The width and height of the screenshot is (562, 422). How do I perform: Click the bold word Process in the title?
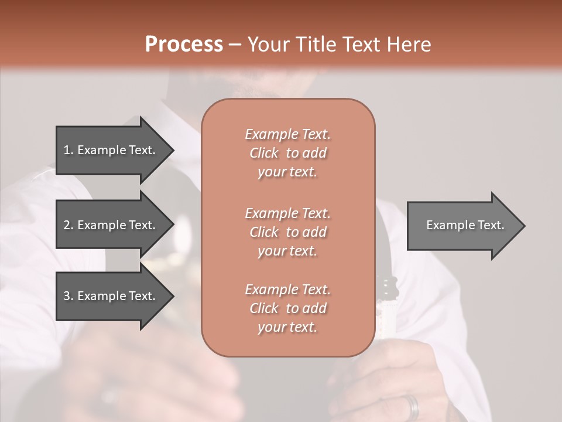(x=184, y=45)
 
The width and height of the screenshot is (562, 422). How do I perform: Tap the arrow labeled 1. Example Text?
(x=111, y=150)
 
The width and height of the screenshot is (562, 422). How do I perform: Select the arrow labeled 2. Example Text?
(x=111, y=225)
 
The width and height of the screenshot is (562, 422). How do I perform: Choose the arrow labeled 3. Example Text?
(x=111, y=296)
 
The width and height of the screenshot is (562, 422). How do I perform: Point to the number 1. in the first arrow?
(x=68, y=150)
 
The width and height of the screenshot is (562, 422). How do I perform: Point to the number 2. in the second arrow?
(x=68, y=225)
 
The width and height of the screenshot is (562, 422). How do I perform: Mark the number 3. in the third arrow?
(x=68, y=296)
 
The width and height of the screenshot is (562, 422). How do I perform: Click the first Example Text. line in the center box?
(x=287, y=134)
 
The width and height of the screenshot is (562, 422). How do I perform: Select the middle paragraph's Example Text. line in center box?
(x=287, y=213)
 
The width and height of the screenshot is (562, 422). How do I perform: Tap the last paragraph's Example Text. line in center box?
(x=287, y=290)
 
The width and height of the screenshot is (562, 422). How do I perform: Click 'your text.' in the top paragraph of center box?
(x=287, y=172)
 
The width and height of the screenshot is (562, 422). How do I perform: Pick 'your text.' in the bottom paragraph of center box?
(x=287, y=327)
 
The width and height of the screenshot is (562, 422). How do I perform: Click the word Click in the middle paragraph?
(x=264, y=232)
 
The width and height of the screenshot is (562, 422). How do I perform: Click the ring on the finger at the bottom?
(x=413, y=406)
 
